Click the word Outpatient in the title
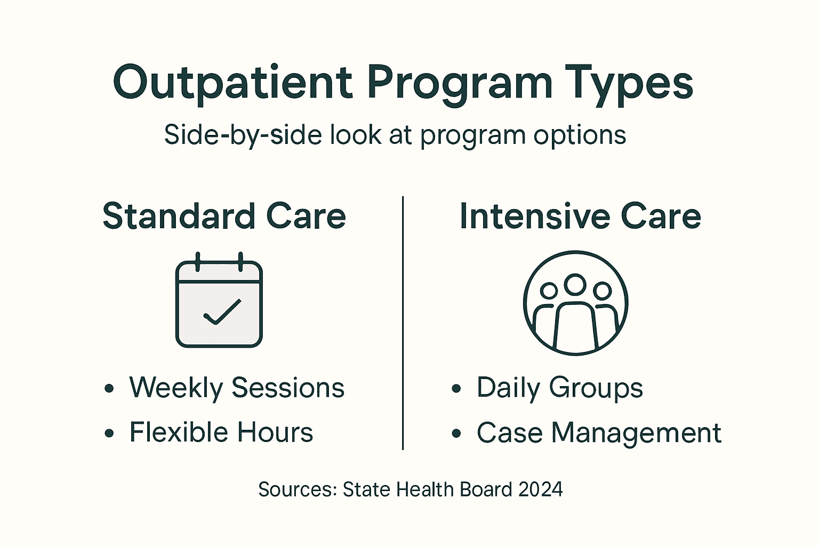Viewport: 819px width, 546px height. [232, 83]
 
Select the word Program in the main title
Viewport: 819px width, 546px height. [460, 83]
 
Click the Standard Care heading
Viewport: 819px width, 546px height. [224, 216]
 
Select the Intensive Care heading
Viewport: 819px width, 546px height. [580, 216]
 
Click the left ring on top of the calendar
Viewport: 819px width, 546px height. [198, 262]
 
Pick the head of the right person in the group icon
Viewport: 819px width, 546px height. [603, 291]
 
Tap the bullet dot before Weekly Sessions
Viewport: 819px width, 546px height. [109, 388]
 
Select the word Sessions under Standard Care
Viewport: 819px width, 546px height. [288, 388]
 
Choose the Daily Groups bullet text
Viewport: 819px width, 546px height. [559, 388]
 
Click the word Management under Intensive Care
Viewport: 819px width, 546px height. [636, 433]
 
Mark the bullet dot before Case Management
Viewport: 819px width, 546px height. [456, 433]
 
